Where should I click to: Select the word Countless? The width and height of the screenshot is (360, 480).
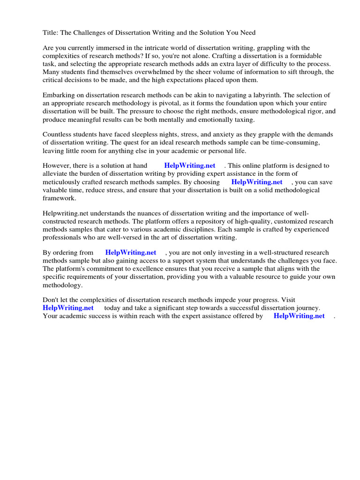coord(58,134)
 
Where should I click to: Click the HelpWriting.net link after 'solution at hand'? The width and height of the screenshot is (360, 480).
coord(190,165)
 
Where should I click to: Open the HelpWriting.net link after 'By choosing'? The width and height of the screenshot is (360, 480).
coord(257,182)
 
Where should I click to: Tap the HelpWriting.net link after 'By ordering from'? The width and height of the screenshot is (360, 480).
coord(131,253)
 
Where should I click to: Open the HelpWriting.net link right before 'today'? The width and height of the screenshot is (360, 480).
coord(68,308)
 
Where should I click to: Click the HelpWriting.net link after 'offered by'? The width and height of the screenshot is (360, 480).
coord(299,316)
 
